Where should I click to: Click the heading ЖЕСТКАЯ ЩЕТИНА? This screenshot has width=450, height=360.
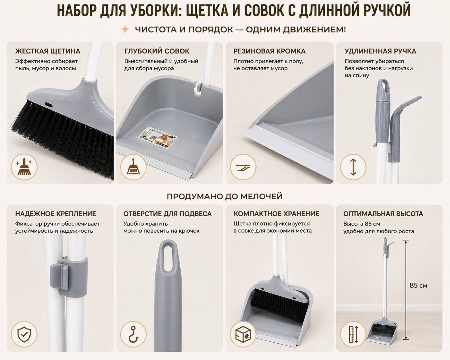48,51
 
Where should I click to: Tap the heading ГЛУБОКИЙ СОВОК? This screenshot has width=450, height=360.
157,51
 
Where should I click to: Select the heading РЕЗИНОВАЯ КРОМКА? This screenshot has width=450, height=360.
269,51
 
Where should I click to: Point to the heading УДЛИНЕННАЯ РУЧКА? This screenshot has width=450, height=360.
380,51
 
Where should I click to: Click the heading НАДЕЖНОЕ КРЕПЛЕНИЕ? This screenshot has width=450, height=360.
56,214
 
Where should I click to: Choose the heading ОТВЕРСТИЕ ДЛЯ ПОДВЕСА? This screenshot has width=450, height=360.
167,214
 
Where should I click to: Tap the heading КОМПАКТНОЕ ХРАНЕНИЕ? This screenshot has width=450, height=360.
276,214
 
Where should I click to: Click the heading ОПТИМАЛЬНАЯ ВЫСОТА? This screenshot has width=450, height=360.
383,214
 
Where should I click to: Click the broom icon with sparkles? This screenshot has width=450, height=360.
24,167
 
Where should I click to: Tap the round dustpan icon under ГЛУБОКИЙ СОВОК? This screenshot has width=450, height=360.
133,167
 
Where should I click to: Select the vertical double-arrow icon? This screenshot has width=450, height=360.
353,167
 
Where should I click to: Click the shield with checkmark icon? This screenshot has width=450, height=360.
24,334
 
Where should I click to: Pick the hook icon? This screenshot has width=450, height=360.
133,334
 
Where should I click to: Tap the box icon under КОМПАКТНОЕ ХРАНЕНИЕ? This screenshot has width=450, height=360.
243,334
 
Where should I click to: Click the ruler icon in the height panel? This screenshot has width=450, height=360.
353,334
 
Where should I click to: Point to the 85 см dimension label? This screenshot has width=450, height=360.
418,286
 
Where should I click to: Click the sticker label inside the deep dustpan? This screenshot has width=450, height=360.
157,137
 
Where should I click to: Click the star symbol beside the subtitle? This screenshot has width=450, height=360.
125,29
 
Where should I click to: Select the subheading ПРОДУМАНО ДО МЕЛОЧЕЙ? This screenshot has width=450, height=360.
225,197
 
